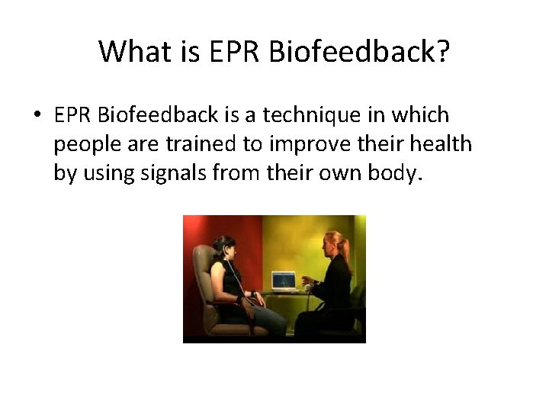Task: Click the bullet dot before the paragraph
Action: [37, 116]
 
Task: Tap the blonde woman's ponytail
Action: [346, 248]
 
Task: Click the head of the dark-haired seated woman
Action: [226, 246]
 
